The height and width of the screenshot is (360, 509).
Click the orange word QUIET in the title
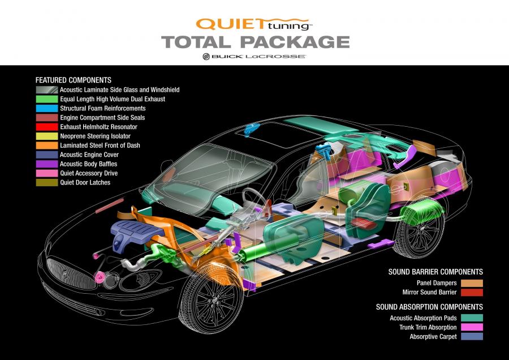[230, 24]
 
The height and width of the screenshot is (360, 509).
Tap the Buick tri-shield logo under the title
[206, 56]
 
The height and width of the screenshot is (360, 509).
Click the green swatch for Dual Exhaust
[47, 99]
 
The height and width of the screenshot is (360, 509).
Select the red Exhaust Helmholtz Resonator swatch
[47, 127]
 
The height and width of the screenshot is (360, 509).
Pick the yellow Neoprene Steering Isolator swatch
[47, 136]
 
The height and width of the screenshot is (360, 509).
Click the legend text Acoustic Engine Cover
[89, 155]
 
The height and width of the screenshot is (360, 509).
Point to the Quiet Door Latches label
[85, 183]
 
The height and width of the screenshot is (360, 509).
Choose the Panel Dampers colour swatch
[472, 283]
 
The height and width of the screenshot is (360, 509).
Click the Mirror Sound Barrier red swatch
[472, 292]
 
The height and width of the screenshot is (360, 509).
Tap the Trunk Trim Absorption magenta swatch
[472, 327]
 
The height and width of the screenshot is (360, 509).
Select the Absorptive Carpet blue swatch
[472, 336]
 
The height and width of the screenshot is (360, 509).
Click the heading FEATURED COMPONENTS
[74, 80]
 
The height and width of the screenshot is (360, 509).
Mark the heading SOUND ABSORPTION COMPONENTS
[429, 307]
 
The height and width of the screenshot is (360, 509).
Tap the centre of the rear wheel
[422, 229]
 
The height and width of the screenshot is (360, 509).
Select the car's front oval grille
[67, 272]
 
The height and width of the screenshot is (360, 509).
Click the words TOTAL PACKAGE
[256, 42]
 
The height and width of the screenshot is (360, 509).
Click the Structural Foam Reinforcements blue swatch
[47, 109]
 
